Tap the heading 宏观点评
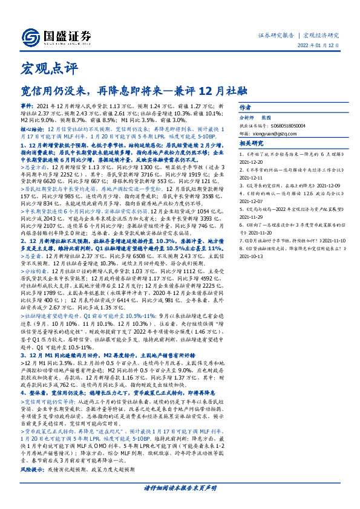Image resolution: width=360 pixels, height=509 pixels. coord(42,67)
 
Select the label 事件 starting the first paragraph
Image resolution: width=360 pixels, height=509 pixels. coord(26,105)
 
